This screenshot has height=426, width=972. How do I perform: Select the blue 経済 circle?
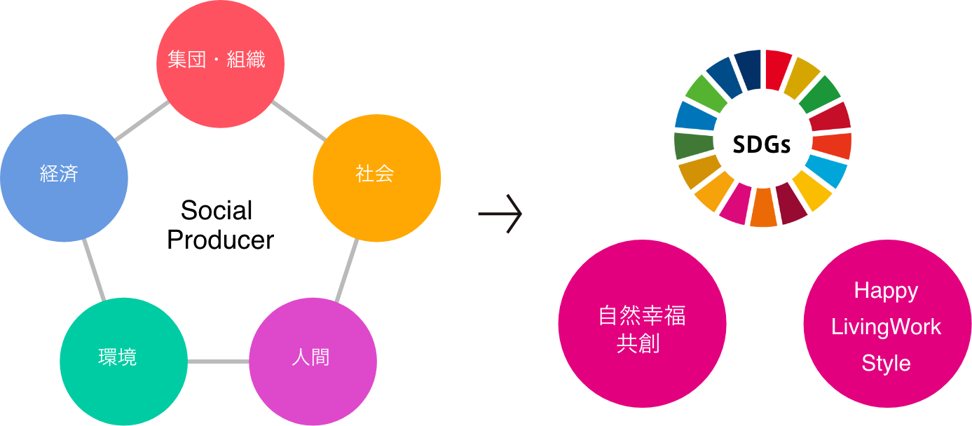pos(64,178)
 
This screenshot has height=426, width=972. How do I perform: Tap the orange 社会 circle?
pos(376,178)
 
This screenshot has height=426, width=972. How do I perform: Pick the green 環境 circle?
pos(123,362)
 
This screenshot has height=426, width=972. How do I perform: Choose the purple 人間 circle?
pos(313,362)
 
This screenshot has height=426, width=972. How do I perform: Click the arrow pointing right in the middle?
pos(500,213)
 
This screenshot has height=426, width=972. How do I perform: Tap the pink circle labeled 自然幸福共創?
pos(642,324)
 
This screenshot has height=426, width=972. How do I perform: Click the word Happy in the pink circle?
pos(886,291)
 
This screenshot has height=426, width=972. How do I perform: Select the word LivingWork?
pos(886,327)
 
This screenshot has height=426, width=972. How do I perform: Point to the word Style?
pos(886,364)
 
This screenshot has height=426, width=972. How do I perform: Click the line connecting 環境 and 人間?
pos(218,362)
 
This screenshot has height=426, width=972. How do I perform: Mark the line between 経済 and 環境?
pos(94,270)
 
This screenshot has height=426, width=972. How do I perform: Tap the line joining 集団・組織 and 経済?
pos(143,121)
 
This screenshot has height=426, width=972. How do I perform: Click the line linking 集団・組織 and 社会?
pos(298,120)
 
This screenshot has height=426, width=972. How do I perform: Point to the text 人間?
pos(310,358)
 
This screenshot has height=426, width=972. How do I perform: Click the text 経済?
pos(59,174)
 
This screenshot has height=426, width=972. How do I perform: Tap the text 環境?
pos(117,358)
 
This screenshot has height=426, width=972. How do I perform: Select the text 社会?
pos(375,174)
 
